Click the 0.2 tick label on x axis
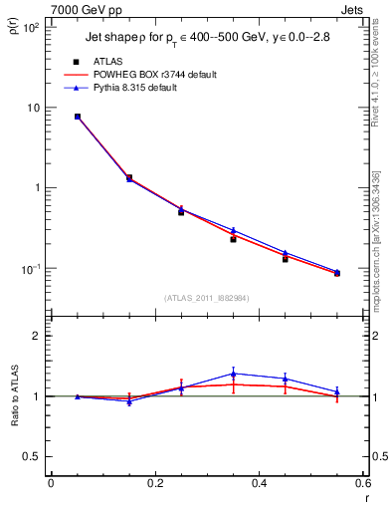pos(154,483)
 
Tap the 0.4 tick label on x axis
pos(259,483)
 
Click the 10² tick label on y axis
pos(29,27)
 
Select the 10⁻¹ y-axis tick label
pos(29,269)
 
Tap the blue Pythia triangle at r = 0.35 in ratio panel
pos(233,374)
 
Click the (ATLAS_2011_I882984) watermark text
pos(208,298)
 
